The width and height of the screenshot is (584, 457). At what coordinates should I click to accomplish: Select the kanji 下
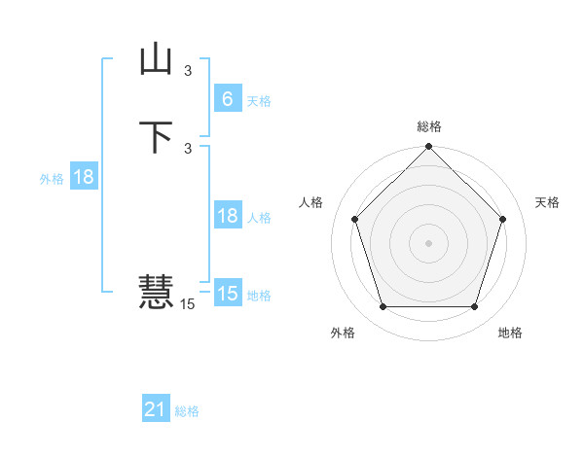click(156, 137)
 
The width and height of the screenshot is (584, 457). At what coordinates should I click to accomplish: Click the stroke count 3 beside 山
click(188, 71)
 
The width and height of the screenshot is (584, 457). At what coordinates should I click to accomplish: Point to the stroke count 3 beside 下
click(188, 148)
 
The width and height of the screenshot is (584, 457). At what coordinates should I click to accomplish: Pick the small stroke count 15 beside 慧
click(187, 304)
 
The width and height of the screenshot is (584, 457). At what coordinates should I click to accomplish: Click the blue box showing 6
click(227, 98)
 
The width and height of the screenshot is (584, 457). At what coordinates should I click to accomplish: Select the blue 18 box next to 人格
click(227, 216)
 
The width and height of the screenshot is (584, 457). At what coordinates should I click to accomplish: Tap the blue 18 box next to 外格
click(83, 177)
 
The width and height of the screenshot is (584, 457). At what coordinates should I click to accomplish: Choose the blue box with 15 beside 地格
click(227, 293)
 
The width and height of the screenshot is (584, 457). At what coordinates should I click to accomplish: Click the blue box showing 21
click(156, 409)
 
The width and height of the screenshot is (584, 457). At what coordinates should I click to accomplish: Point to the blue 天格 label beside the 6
click(259, 101)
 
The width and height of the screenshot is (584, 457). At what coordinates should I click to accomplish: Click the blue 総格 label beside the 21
click(187, 412)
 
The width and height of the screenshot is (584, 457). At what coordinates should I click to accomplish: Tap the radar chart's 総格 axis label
click(428, 127)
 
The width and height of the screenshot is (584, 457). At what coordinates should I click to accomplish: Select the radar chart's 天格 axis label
click(548, 202)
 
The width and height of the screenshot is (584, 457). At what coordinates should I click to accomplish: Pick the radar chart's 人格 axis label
click(310, 202)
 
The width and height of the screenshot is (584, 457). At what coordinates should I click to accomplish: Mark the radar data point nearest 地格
click(474, 307)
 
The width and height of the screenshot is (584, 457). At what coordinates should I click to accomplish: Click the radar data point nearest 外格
click(383, 307)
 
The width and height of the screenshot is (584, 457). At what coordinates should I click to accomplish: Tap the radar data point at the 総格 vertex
click(428, 148)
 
